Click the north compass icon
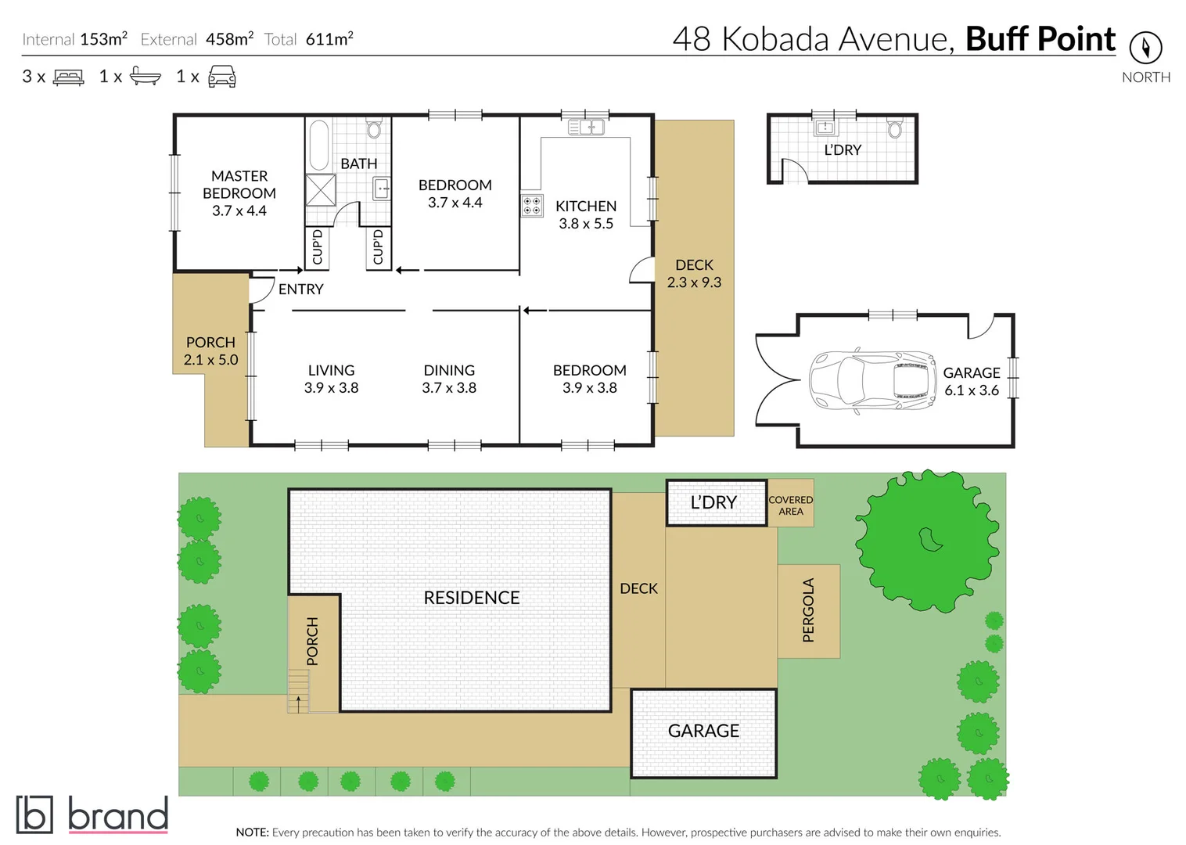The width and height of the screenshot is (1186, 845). point(1145,48)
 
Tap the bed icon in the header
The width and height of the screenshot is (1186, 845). point(68,77)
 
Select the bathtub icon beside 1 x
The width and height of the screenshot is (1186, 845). point(146,77)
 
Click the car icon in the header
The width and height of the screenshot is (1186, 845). point(221,77)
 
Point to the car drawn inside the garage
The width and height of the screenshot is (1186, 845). point(872,381)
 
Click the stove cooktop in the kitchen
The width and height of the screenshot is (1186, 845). point(532,206)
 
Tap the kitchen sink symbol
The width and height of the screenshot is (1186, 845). point(586,127)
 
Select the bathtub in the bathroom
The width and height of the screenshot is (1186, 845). point(318,145)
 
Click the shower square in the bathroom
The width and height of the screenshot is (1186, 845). point(320,190)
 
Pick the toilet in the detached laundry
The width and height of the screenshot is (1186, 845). point(895,128)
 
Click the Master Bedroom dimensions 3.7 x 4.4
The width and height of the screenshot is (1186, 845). point(239,210)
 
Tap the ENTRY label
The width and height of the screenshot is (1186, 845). point(300,289)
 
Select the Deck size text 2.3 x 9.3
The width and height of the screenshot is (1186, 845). point(694,282)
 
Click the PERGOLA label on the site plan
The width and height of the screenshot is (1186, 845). point(808,610)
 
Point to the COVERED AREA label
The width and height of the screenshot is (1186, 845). point(790,505)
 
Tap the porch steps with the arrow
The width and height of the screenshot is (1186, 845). point(298,692)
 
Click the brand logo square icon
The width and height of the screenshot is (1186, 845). point(34,814)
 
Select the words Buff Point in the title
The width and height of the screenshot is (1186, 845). point(1040,39)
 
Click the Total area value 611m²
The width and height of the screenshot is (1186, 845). point(329,39)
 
